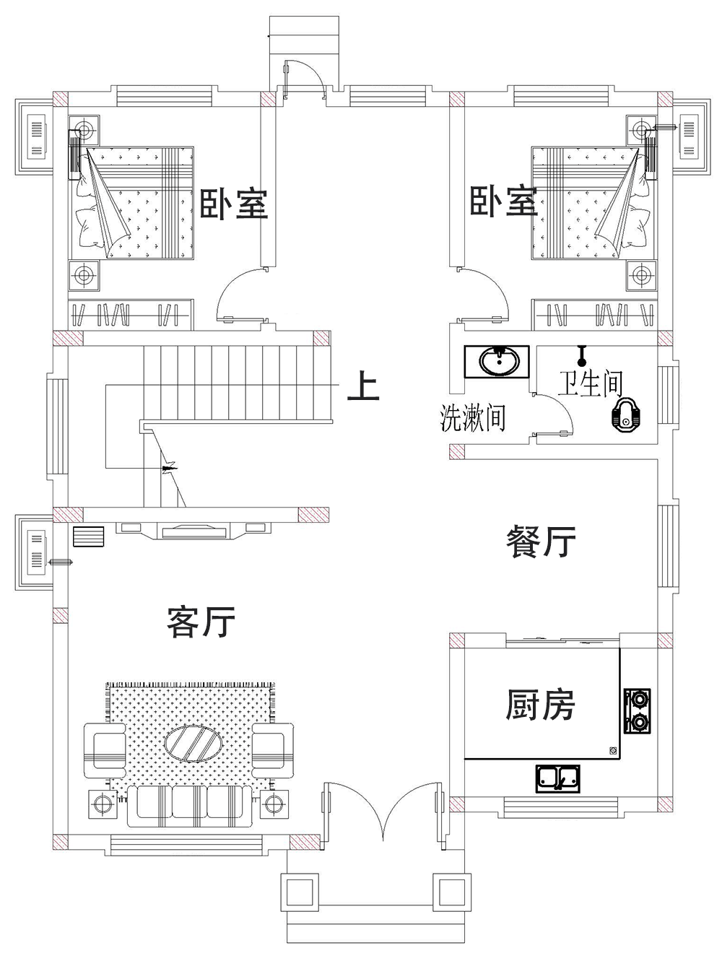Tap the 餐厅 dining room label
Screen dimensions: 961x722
[x=541, y=541]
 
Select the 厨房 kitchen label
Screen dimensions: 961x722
[x=539, y=705]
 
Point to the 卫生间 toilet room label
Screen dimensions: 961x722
[x=590, y=383]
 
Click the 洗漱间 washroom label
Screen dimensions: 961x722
[x=473, y=419]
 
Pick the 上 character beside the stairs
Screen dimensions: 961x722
[x=362, y=386]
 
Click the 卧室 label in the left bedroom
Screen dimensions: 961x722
[x=233, y=204]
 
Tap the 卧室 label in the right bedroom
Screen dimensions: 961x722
[x=504, y=201]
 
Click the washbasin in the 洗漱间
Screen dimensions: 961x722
[x=498, y=361]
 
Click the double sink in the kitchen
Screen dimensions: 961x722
[x=558, y=778]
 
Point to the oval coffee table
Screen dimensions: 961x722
[x=193, y=742]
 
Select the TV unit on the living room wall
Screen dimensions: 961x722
[x=192, y=531]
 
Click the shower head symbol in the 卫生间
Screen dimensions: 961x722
[x=581, y=354]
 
